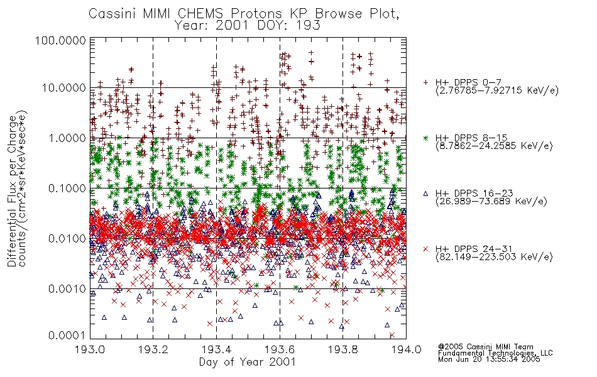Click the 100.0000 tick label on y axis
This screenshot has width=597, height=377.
coord(60,40)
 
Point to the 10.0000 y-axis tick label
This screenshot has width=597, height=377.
coord(63,88)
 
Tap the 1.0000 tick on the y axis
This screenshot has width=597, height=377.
coord(67,138)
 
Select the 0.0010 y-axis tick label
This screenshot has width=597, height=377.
coord(67,289)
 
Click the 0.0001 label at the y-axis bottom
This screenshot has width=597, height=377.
coord(67,336)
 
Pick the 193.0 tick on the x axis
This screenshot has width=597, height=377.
coord(90,349)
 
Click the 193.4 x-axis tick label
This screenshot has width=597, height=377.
coord(216,349)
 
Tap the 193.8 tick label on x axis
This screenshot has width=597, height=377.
coord(342,349)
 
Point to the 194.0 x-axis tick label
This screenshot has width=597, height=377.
coord(406,349)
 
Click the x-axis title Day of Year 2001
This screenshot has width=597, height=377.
coord(248,362)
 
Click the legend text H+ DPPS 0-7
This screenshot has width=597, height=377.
coord(468,83)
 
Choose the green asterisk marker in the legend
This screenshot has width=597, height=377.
coord(425,138)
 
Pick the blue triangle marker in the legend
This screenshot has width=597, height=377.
coord(425,194)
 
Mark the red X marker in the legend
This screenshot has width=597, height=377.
coord(425,249)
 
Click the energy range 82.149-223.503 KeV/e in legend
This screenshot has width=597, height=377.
coord(494,257)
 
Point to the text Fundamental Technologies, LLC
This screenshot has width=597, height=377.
coord(495,353)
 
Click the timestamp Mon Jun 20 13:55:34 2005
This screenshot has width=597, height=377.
coord(489,359)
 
